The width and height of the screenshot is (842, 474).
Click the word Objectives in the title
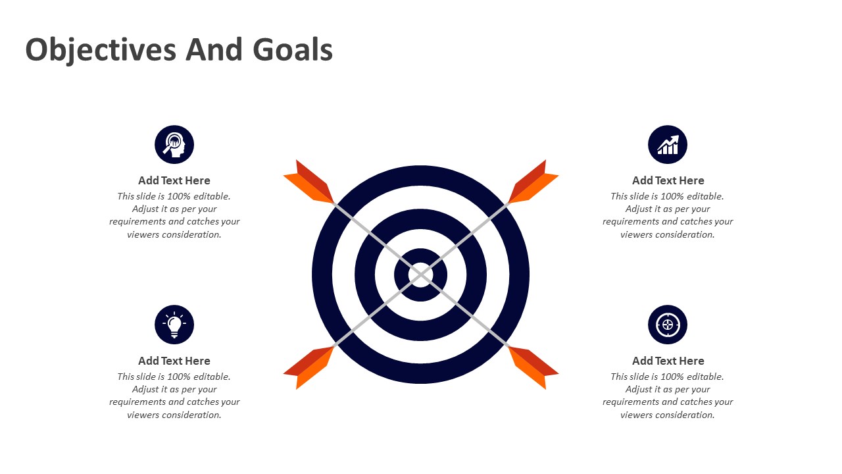101,50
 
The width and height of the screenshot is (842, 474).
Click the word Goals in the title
293,49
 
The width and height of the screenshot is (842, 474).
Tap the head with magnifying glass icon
174,144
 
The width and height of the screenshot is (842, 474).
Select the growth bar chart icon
668,144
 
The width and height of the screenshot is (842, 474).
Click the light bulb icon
174,325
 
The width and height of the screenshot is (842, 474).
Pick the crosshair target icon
668,325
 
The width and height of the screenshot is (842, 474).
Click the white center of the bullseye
420,275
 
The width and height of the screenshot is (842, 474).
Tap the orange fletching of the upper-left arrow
309,182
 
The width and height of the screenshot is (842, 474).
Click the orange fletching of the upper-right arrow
532,182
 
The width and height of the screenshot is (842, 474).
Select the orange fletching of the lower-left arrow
309,367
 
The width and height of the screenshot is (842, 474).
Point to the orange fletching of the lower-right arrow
532,367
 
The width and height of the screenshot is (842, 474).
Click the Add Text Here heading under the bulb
174,361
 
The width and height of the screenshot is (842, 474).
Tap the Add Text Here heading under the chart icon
668,180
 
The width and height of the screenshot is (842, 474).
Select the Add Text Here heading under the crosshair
668,361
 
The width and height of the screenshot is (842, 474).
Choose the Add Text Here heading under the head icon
174,180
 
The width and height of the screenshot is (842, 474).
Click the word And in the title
214,49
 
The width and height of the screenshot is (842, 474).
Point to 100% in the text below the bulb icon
178,377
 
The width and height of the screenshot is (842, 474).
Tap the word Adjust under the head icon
143,209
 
